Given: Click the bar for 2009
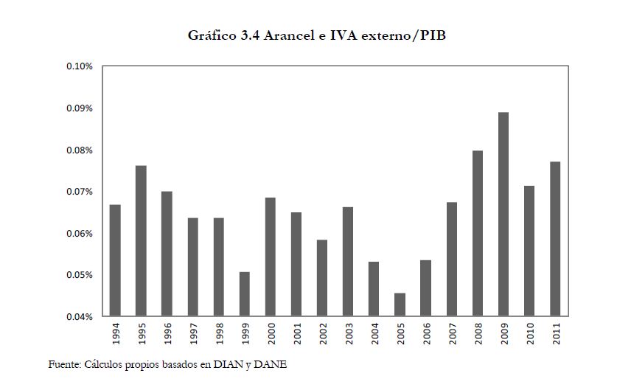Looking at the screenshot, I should (x=503, y=215).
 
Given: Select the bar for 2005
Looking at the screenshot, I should (x=400, y=304).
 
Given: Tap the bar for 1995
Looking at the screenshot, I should (x=141, y=241).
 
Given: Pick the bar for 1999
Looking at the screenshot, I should (x=245, y=294).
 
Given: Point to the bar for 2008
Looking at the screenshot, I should (x=478, y=234).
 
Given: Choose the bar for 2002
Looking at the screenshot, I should (x=322, y=278).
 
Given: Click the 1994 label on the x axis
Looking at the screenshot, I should (x=115, y=335).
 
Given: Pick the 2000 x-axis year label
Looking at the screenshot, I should (x=271, y=335).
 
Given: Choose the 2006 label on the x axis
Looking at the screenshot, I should (x=426, y=335).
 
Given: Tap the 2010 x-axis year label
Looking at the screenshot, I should (x=529, y=335).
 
